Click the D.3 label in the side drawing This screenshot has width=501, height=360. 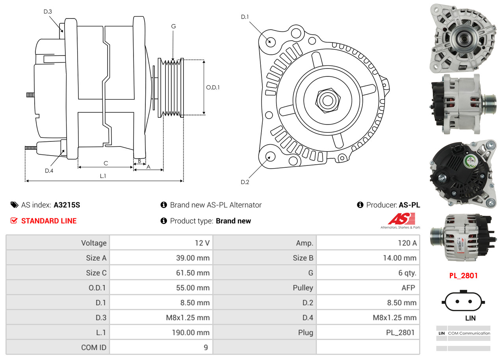(48, 11)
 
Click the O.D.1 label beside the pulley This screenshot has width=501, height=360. (213, 87)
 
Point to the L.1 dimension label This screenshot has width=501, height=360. (103, 176)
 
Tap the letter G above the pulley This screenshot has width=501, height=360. (173, 26)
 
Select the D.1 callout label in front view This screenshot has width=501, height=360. (245, 17)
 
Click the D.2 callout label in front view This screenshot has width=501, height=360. (245, 182)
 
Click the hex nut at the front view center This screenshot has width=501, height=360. (327, 100)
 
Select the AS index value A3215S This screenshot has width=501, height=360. (67, 205)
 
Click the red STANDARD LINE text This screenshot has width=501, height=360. (49, 221)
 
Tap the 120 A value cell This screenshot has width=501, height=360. (407, 243)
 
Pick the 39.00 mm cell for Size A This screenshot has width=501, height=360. (193, 258)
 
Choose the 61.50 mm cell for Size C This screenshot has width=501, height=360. (193, 273)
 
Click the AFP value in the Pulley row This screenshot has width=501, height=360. (408, 288)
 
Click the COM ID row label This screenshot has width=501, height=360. (94, 348)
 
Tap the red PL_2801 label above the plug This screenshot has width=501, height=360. (463, 276)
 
